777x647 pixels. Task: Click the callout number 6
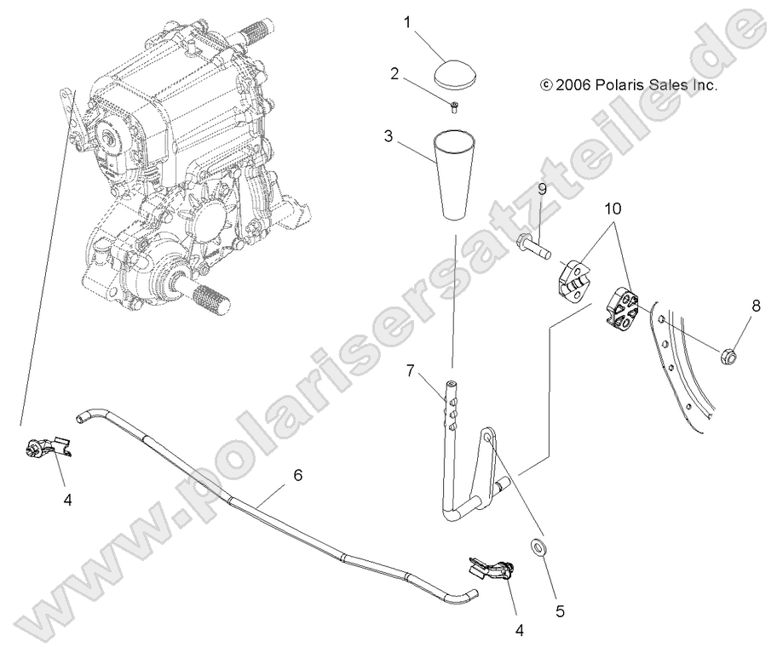point(297,476)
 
